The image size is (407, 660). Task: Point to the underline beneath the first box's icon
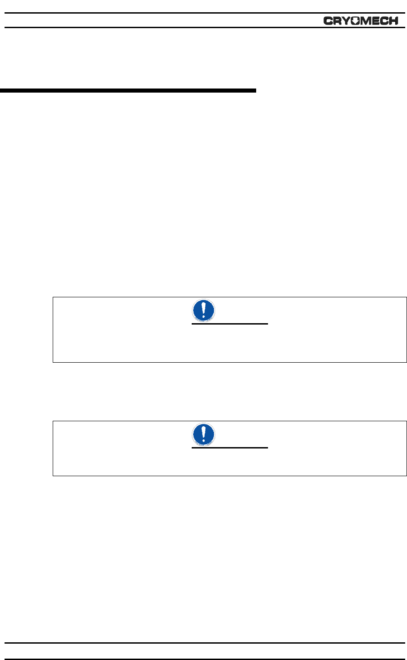coord(230,324)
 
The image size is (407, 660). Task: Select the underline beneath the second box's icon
coord(230,448)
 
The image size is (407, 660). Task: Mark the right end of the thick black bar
coord(255,91)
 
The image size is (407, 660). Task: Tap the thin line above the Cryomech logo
coord(203,13)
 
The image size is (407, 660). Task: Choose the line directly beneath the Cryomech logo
coord(203,28)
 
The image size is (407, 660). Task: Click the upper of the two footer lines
coord(203,643)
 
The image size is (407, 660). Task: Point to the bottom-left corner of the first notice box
coord(53,362)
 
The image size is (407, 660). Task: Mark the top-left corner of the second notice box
coord(53,421)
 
